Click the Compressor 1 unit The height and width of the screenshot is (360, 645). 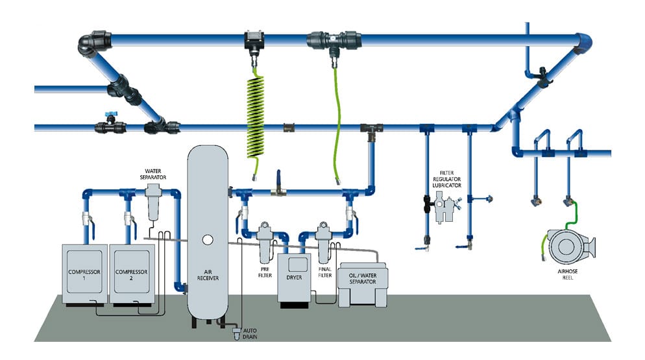(84, 272)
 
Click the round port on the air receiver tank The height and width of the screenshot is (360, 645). (208, 239)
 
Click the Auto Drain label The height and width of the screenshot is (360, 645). (250, 335)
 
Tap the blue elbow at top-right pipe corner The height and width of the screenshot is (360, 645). (588, 43)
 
